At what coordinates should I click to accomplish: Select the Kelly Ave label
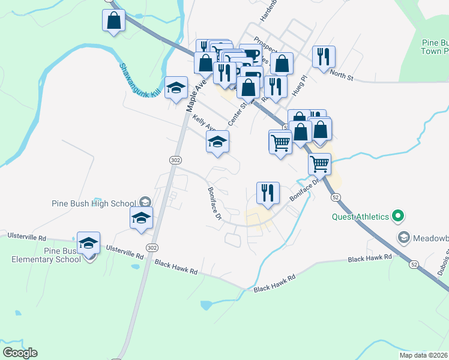pyautogui.click(x=205, y=124)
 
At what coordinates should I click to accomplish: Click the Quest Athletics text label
pyautogui.click(x=360, y=217)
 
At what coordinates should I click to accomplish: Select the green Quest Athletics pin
pyautogui.click(x=397, y=215)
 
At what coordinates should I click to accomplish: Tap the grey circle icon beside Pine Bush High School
pyautogui.click(x=145, y=201)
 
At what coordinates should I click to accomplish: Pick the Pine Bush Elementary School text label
pyautogui.click(x=45, y=255)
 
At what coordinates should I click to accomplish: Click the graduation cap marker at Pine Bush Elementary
pyautogui.click(x=88, y=244)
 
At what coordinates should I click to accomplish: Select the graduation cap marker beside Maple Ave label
pyautogui.click(x=176, y=89)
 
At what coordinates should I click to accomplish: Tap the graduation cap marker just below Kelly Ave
pyautogui.click(x=217, y=142)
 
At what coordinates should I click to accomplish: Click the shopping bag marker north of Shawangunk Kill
pyautogui.click(x=113, y=21)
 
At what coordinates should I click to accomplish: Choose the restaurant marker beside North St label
pyautogui.click(x=324, y=58)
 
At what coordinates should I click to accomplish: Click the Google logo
pyautogui.click(x=20, y=352)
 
